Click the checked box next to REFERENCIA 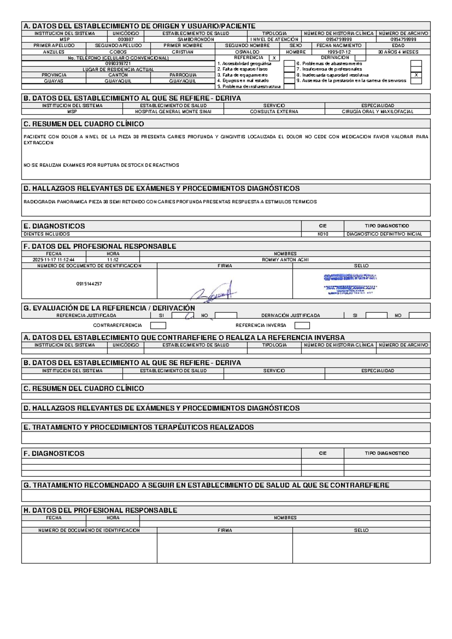274,58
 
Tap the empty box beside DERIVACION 360,58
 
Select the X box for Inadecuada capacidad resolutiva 416,75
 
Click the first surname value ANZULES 53,52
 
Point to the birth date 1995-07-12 339,52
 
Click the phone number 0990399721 118,64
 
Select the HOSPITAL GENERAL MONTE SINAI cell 173,112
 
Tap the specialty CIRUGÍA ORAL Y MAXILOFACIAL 377,112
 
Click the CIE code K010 323,234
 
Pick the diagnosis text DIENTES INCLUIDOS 47,234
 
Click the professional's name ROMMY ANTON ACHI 285,260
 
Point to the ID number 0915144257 89,284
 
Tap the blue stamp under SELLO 350,283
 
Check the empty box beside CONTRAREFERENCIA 158,326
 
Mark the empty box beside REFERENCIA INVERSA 302,326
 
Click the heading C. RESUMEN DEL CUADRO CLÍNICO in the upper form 84,124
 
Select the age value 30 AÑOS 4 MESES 398,52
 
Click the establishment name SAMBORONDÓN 195,39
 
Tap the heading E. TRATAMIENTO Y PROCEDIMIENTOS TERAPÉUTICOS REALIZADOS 139,427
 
